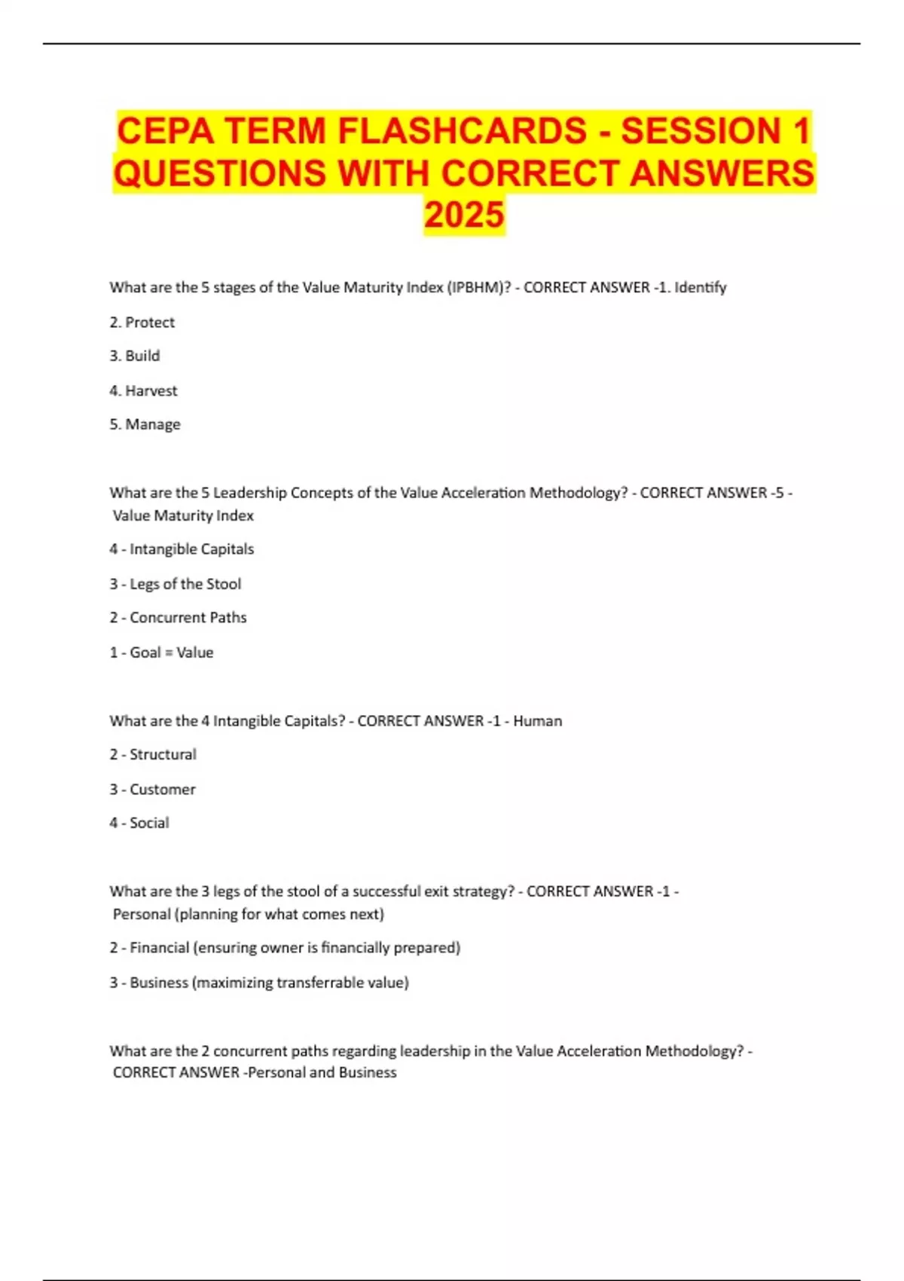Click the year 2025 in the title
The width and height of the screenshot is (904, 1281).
[464, 215]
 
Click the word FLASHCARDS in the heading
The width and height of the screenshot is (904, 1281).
[462, 130]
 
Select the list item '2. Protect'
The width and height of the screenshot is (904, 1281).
[142, 323]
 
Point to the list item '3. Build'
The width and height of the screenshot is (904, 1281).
[135, 356]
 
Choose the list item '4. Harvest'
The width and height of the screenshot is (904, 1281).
[143, 390]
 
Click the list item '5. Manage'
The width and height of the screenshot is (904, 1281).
[145, 424]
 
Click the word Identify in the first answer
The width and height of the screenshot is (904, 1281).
[700, 287]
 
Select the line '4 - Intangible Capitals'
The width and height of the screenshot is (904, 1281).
[182, 549]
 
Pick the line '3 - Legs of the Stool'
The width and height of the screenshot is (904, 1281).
[176, 584]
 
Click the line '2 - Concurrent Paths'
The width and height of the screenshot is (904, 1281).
[178, 618]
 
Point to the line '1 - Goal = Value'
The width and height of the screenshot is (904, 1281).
[161, 653]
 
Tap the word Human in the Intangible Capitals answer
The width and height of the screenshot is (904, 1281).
[537, 721]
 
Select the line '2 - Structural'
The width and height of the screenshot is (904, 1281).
[153, 754]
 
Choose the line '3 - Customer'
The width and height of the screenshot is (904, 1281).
[152, 790]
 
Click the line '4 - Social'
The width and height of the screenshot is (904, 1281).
[139, 823]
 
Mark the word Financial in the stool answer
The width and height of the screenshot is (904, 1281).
[159, 948]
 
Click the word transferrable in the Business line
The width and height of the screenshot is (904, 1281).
[320, 983]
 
